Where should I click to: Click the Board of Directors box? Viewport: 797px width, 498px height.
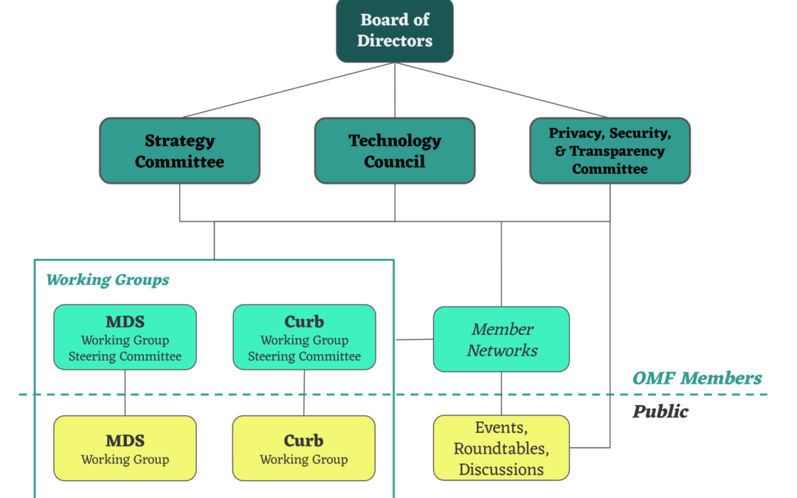395,30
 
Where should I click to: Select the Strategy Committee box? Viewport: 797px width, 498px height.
179,151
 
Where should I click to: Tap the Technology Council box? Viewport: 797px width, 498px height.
395,151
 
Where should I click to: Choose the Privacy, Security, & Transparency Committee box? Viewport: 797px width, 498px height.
610,151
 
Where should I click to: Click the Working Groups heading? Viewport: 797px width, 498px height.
108,280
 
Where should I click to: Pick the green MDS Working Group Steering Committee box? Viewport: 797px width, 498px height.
125,337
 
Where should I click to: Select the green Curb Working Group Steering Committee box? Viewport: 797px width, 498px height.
304,337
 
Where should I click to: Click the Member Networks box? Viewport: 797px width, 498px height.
501,339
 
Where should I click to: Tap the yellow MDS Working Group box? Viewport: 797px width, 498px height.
125,449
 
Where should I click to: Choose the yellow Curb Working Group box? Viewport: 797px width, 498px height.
304,449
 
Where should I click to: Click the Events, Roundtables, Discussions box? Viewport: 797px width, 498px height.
501,448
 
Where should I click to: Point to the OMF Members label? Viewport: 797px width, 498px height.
697,378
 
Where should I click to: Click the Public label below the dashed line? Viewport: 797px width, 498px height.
660,412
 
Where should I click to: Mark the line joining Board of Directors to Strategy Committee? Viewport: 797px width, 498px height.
288,90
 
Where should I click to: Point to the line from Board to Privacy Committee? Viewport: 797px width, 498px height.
502,90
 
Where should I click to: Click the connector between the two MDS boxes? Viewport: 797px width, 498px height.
125,392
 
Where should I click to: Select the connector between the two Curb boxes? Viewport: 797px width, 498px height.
304,392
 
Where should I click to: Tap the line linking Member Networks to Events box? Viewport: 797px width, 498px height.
501,393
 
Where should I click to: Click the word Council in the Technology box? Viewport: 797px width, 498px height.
395,162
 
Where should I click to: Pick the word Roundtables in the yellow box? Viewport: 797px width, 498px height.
501,449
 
